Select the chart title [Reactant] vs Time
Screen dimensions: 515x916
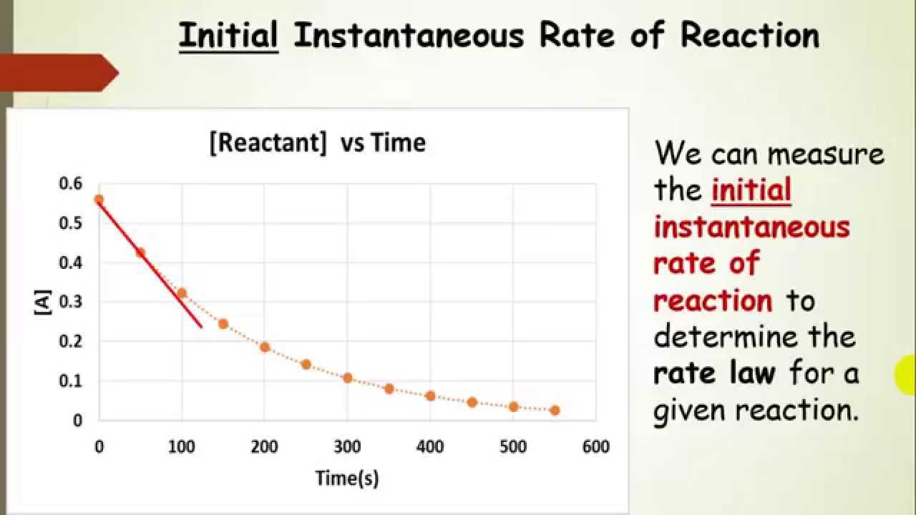pyautogui.click(x=317, y=142)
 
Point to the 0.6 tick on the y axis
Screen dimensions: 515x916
pyautogui.click(x=71, y=184)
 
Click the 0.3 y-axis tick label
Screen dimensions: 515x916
pyautogui.click(x=71, y=302)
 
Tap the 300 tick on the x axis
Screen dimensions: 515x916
pyautogui.click(x=347, y=447)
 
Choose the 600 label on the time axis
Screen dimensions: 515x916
pyautogui.click(x=595, y=447)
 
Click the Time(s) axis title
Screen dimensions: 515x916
pyautogui.click(x=347, y=478)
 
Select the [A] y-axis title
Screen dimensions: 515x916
pyautogui.click(x=44, y=303)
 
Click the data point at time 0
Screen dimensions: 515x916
pyautogui.click(x=99, y=200)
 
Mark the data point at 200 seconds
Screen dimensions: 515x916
pyautogui.click(x=265, y=347)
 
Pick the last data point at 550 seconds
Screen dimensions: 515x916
pyautogui.click(x=555, y=410)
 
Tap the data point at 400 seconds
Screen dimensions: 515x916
pyautogui.click(x=430, y=396)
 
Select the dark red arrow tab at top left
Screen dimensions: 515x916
pyautogui.click(x=57, y=72)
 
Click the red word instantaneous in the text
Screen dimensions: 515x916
pyautogui.click(x=751, y=227)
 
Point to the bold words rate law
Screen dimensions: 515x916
pyautogui.click(x=714, y=373)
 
